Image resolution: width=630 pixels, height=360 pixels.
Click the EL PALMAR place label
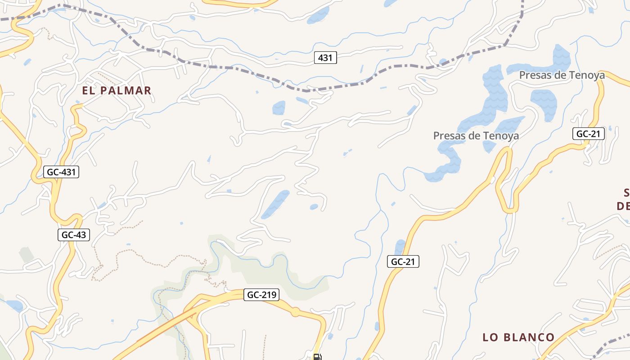pyautogui.click(x=117, y=90)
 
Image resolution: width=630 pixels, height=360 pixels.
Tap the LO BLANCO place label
pyautogui.click(x=518, y=337)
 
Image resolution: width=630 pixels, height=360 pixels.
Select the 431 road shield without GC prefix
pyautogui.click(x=325, y=58)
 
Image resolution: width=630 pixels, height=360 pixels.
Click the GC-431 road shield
pyautogui.click(x=62, y=172)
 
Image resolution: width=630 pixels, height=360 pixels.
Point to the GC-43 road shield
pyautogui.click(x=74, y=234)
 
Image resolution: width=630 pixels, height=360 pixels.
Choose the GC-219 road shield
pyautogui.click(x=262, y=295)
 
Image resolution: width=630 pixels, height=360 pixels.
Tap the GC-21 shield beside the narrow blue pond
pyautogui.click(x=403, y=261)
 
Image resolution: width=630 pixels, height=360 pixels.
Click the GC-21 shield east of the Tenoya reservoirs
pyautogui.click(x=589, y=134)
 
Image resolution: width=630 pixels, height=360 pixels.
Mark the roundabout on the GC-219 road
pyautogui.click(x=295, y=311)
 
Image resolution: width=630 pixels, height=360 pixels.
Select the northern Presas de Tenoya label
pyautogui.click(x=562, y=75)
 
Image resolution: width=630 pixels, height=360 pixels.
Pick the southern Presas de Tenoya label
pyautogui.click(x=476, y=135)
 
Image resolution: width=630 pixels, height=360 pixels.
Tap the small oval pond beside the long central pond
pyautogui.click(x=314, y=207)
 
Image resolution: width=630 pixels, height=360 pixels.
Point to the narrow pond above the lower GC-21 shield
pyautogui.click(x=400, y=247)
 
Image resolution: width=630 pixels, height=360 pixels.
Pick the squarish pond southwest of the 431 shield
pyautogui.click(x=279, y=108)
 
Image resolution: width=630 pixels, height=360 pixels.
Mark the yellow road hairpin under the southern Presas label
pyautogui.click(x=505, y=155)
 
